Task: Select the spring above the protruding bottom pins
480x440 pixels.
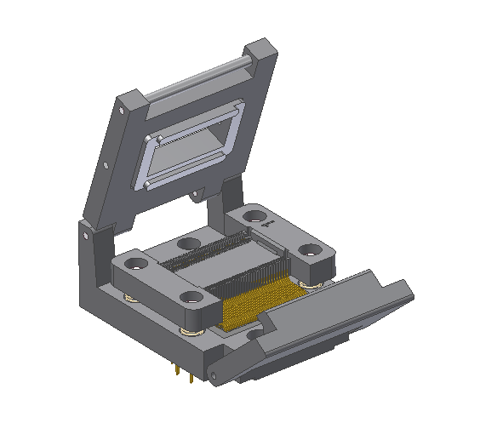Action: coord(189,331)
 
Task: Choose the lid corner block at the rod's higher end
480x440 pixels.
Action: coord(261,55)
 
